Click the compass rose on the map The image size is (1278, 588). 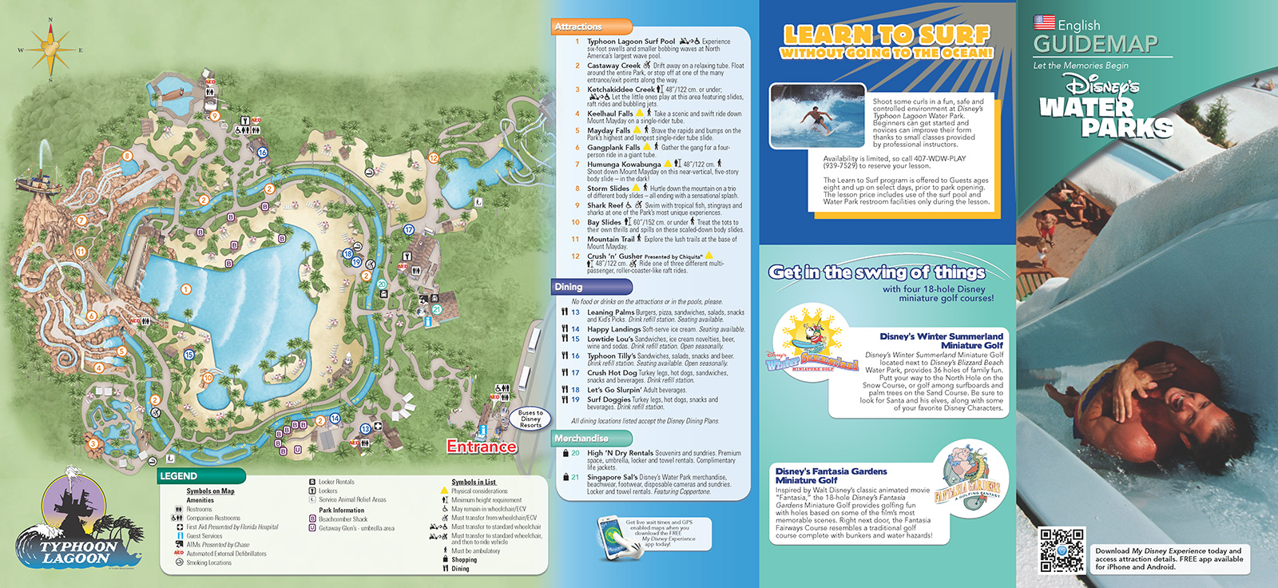pyautogui.click(x=50, y=50)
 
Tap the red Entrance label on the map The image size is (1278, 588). pyautogui.click(x=481, y=447)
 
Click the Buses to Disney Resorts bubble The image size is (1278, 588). pyautogui.click(x=530, y=419)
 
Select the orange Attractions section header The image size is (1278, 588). pyautogui.click(x=591, y=27)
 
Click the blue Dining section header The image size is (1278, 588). pyautogui.click(x=591, y=287)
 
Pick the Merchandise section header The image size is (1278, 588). pyautogui.click(x=591, y=439)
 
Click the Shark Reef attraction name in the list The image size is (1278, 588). pyautogui.click(x=605, y=205)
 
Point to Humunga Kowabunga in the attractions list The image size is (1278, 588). pyautogui.click(x=624, y=165)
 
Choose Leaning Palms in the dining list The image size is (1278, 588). pyautogui.click(x=610, y=312)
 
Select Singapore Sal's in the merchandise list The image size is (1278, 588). pyautogui.click(x=612, y=477)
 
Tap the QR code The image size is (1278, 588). pyautogui.click(x=1062, y=550)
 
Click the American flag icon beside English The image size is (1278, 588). pyautogui.click(x=1044, y=22)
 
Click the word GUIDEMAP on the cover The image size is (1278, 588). pyautogui.click(x=1095, y=45)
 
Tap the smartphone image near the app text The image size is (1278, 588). pyautogui.click(x=611, y=536)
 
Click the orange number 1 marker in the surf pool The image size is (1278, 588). pyautogui.click(x=185, y=290)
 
